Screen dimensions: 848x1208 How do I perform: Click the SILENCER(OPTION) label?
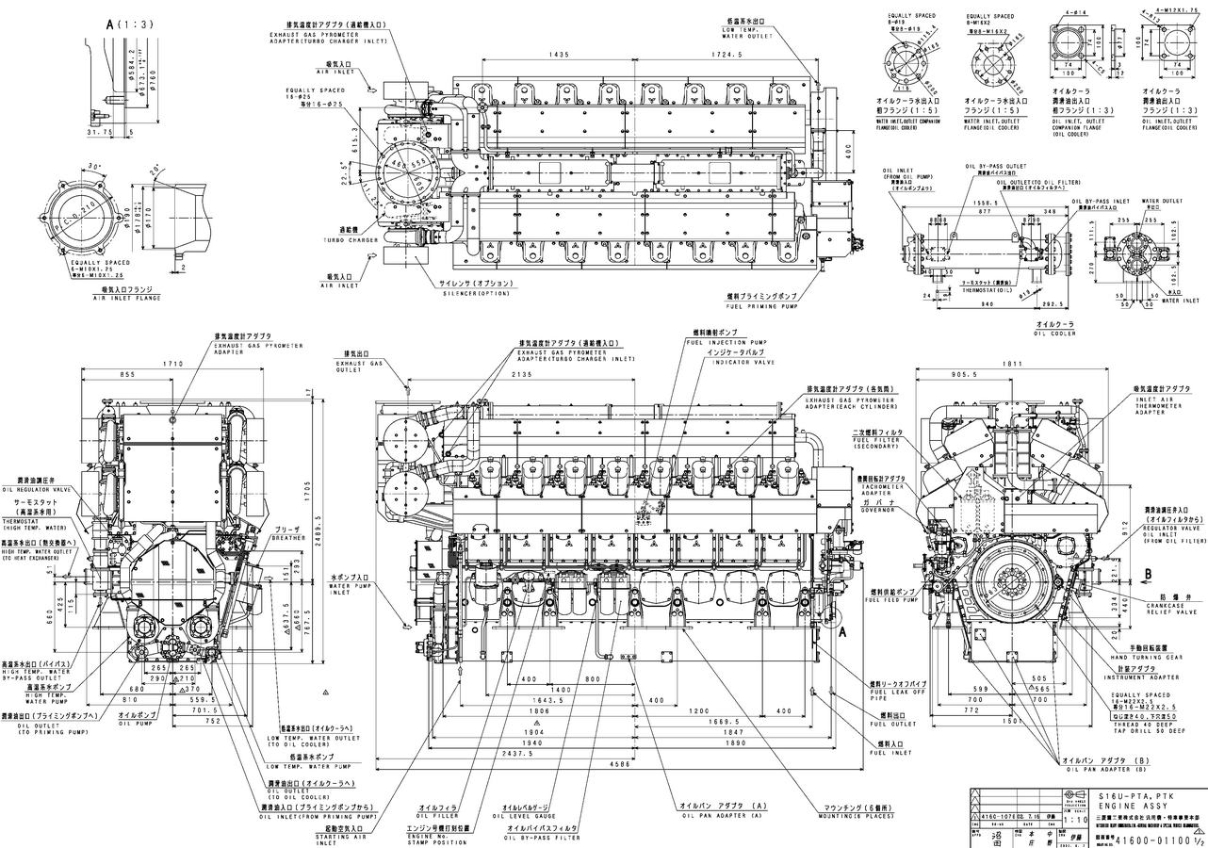tap(475, 294)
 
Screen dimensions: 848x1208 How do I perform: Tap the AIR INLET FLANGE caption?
tap(126, 298)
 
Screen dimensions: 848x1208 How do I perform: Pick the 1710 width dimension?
tap(172, 363)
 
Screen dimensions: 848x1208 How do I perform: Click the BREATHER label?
tap(288, 538)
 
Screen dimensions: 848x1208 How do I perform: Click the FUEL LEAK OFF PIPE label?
tap(891, 695)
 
